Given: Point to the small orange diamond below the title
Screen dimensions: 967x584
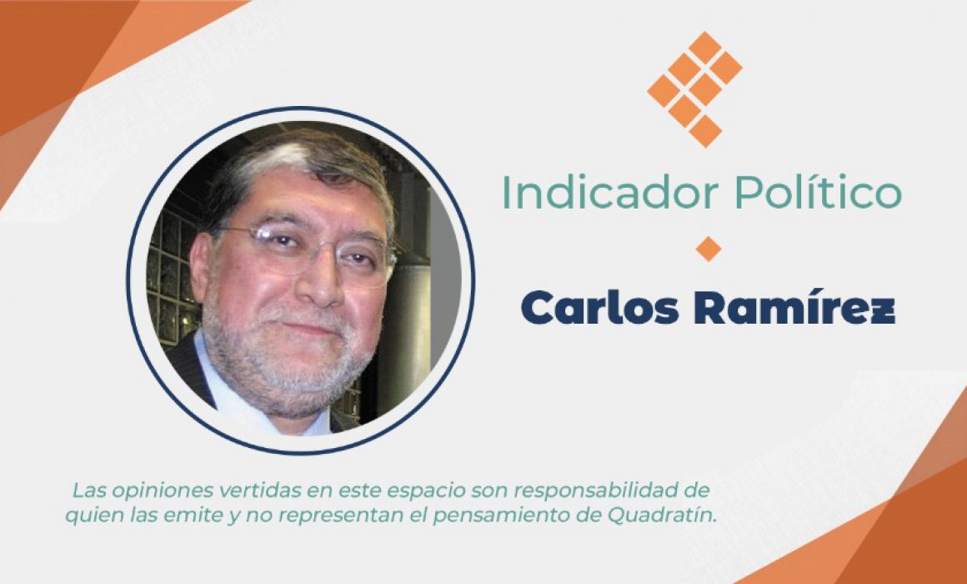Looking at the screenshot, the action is click(x=708, y=249).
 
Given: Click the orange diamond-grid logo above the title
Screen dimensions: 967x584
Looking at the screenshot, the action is click(x=695, y=89).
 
